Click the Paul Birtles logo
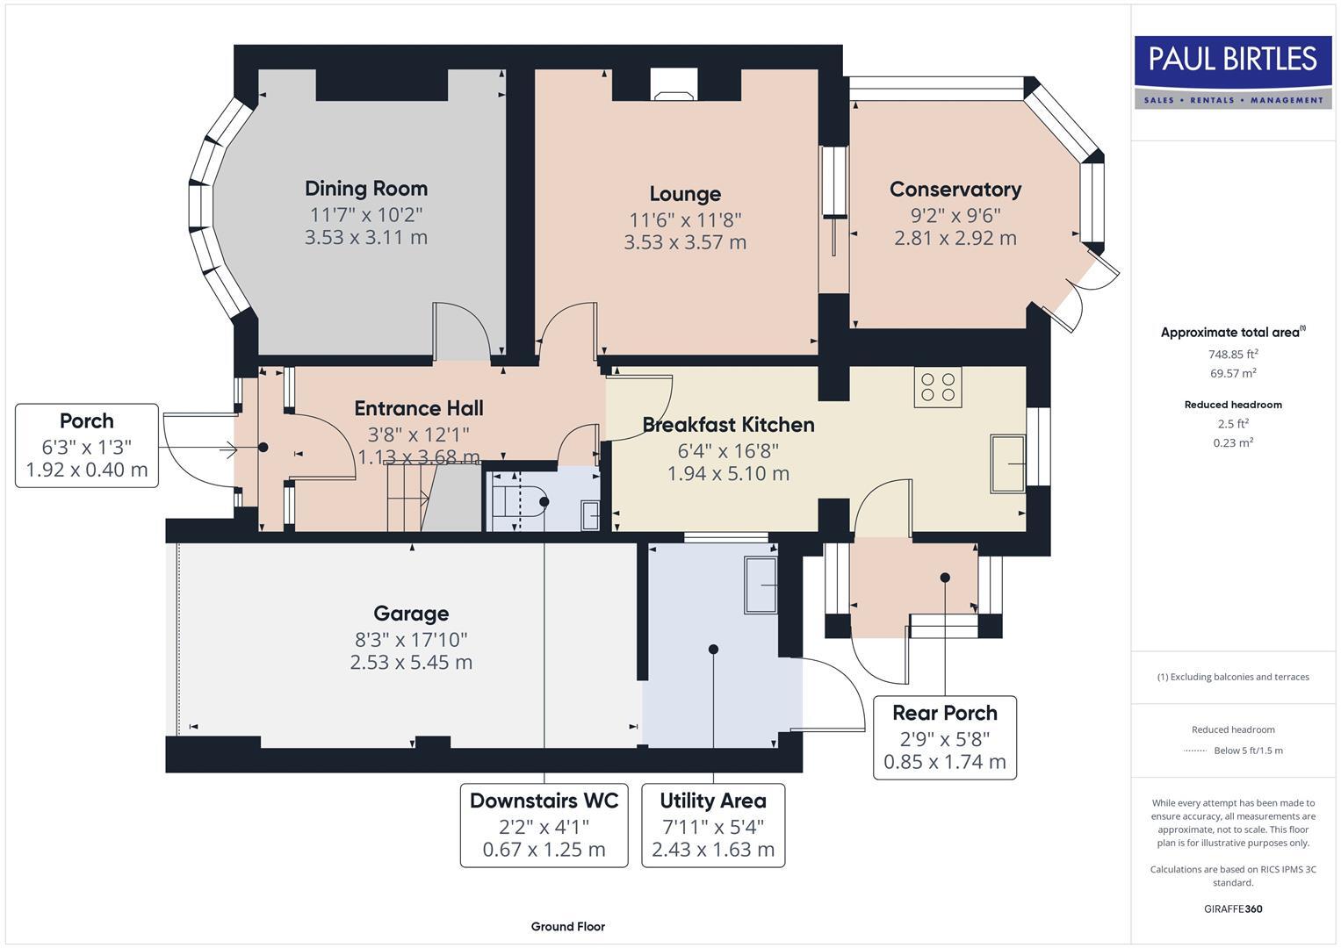tap(1233, 71)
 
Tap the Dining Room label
tap(366, 189)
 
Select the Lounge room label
tap(685, 194)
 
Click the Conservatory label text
tap(955, 190)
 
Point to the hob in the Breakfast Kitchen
tap(938, 387)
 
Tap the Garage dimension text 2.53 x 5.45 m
tap(411, 663)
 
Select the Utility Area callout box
tap(713, 825)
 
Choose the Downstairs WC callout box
tap(544, 825)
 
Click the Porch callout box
tap(87, 446)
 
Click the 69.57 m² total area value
tap(1233, 373)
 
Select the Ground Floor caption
tap(568, 927)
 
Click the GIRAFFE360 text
tap(1233, 909)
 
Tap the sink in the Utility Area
tap(761, 585)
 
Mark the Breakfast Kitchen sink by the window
tap(1008, 463)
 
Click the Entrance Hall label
tap(419, 408)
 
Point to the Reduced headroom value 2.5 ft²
tap(1233, 424)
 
